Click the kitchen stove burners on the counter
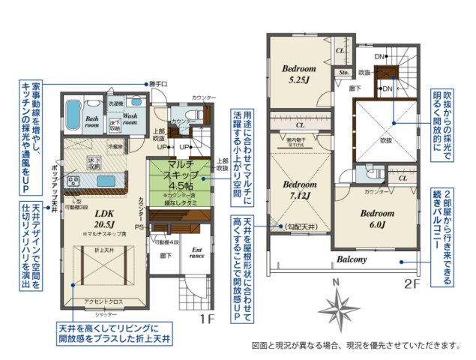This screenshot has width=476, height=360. [x=75, y=180]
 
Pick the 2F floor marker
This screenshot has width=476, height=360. [x=412, y=283]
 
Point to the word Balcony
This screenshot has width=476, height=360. [x=351, y=259]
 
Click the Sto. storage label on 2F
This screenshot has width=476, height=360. [x=344, y=73]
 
